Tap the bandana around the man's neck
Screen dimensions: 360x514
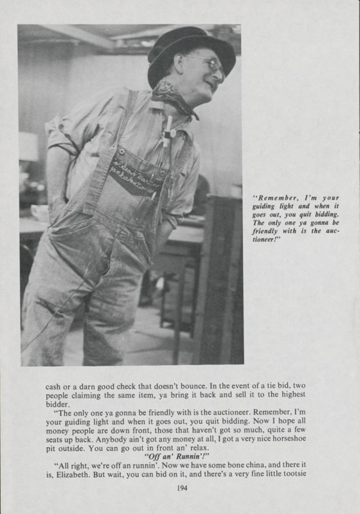(172, 96)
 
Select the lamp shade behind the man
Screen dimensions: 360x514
(28, 146)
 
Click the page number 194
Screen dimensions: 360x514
(180, 488)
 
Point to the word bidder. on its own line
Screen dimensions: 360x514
(57, 405)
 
